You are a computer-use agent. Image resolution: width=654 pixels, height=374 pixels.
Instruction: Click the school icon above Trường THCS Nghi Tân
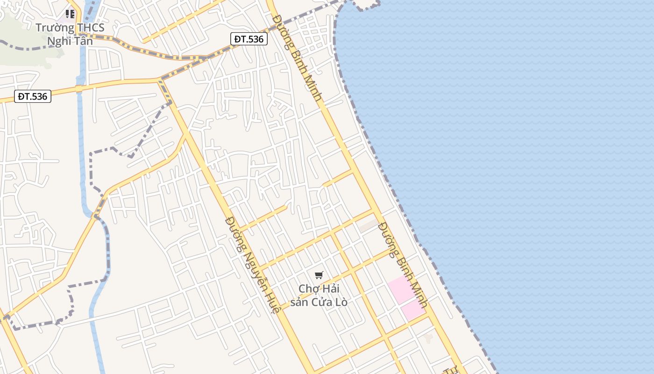70,14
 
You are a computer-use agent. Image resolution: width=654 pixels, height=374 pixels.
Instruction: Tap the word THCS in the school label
91,28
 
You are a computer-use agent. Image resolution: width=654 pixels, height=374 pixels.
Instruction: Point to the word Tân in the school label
83,41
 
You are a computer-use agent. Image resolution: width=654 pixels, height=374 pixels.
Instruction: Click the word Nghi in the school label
59,41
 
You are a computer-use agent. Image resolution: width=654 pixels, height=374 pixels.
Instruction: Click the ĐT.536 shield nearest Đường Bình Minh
249,39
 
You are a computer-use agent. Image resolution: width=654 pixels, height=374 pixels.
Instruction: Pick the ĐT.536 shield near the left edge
32,96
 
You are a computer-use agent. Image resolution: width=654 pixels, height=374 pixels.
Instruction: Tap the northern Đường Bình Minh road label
298,58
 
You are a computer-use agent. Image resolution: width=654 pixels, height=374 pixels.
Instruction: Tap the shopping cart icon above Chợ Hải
319,275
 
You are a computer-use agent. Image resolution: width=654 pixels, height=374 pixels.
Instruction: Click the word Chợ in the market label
309,288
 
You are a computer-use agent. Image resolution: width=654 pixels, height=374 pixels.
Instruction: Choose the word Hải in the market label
330,288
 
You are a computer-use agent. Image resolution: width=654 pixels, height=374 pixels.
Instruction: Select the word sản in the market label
299,302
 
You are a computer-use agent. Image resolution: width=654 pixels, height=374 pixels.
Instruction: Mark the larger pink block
401,289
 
